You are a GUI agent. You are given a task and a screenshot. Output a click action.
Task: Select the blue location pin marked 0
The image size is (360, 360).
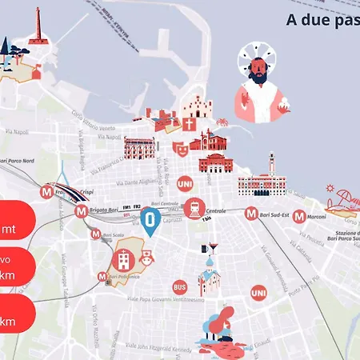point(150,222)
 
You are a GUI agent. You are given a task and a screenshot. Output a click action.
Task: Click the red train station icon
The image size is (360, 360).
point(194,209)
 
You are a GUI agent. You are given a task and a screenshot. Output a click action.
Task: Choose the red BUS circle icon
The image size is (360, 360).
point(180,286)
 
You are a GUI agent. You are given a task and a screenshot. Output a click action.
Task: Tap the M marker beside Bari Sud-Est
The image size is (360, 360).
point(252,214)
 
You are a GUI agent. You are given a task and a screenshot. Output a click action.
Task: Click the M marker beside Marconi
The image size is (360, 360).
point(298,216)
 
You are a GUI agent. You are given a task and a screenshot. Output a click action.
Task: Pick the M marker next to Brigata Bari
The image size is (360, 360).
point(81,212)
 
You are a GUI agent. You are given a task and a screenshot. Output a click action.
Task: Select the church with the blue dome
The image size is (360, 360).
point(210,276)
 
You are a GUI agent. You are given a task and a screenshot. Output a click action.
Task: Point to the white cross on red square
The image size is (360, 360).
point(189,125)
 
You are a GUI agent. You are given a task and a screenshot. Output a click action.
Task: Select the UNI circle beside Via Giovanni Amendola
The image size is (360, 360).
point(258,294)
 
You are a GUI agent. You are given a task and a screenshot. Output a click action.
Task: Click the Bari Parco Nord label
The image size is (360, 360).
point(18,161)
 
